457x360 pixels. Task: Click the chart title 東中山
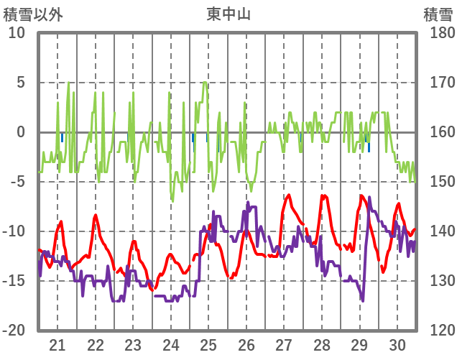point(228,14)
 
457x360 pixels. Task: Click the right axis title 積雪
point(438,14)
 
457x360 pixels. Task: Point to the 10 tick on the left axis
point(17,33)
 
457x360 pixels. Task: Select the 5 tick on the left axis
point(21,83)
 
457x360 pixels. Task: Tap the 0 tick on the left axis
point(21,132)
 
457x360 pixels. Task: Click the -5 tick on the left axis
point(17,182)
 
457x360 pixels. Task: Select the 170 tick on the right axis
point(438,83)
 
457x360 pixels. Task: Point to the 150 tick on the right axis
point(438,182)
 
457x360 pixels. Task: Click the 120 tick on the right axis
point(438,331)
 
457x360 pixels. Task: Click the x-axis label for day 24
point(171,344)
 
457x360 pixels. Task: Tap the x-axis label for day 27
point(284,344)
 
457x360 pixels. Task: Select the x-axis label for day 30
point(397,344)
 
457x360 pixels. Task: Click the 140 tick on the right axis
point(438,231)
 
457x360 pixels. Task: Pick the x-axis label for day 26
point(246,344)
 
